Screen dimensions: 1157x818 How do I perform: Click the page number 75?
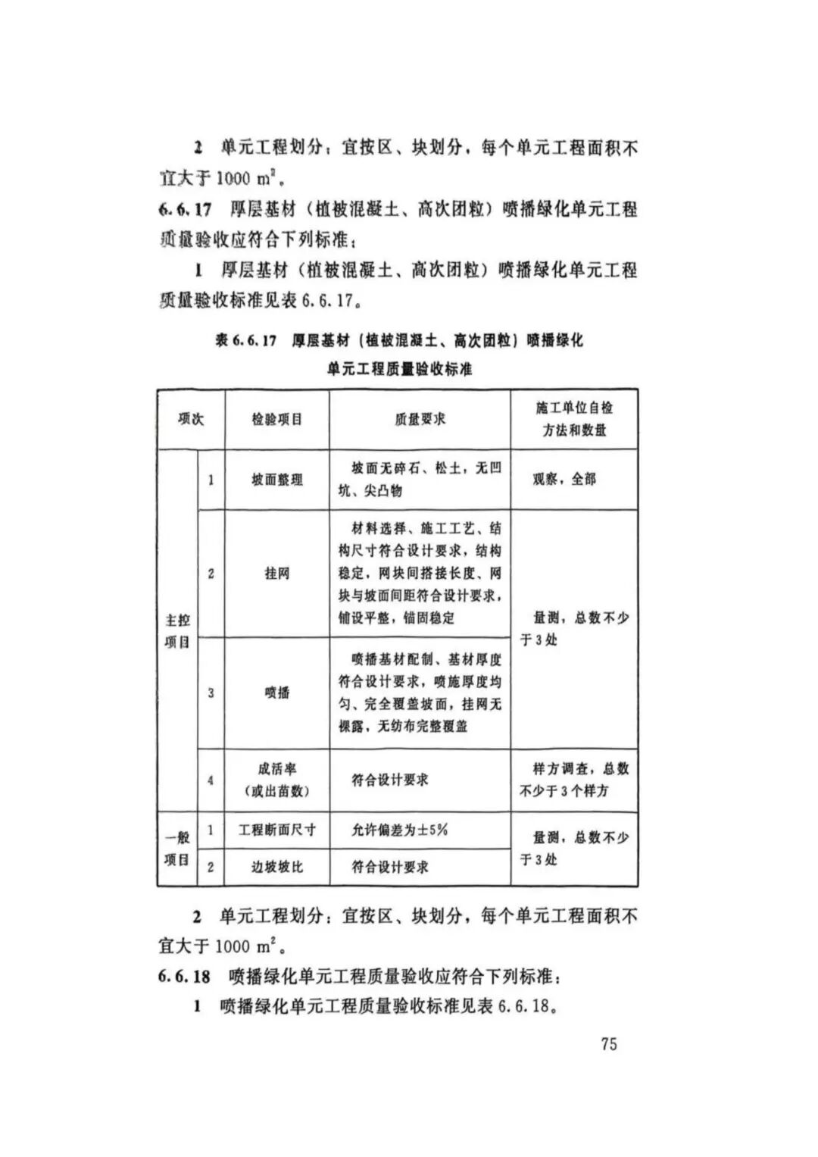(609, 1043)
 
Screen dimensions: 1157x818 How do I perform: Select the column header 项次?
(191, 419)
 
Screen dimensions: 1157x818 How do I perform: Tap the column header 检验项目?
(276, 419)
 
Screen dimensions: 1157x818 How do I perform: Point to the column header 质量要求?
(420, 419)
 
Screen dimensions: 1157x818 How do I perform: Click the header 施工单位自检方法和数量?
(574, 419)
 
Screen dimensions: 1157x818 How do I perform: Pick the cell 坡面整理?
(276, 480)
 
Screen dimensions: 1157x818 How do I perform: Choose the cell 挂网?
(276, 574)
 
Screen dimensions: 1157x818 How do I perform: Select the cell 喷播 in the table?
(276, 693)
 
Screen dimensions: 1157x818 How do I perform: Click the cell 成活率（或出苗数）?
(276, 780)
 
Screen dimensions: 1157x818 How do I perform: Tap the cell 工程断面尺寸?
(276, 830)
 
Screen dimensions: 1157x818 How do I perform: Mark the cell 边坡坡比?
(276, 867)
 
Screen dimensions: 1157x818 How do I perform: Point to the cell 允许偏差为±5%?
(399, 830)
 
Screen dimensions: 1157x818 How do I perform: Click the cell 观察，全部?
(564, 479)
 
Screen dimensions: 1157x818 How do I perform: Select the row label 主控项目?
(177, 631)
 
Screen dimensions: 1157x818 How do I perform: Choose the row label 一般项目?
(177, 849)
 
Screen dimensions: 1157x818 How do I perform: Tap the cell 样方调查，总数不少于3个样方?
(573, 780)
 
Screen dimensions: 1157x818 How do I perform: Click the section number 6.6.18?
(184, 977)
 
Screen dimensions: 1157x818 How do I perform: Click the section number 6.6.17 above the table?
(185, 209)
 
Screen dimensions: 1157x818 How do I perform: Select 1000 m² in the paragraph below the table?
(244, 946)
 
